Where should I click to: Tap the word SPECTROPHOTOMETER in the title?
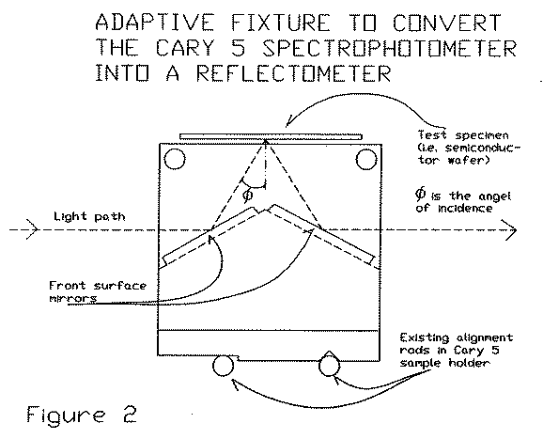pyautogui.click(x=389, y=48)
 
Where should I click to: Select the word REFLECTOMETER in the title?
pyautogui.click(x=294, y=73)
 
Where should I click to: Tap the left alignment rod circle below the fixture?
pyautogui.click(x=223, y=366)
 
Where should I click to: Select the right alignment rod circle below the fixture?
pyautogui.click(x=329, y=366)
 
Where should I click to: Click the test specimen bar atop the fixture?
pyautogui.click(x=271, y=136)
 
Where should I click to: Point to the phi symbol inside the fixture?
pyautogui.click(x=248, y=196)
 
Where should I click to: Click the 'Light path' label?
pyautogui.click(x=89, y=217)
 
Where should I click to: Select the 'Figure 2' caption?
pyautogui.click(x=82, y=414)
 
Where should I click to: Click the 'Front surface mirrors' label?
pyautogui.click(x=98, y=291)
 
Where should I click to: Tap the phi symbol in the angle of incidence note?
pyautogui.click(x=420, y=194)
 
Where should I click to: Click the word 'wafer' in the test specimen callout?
pyautogui.click(x=468, y=160)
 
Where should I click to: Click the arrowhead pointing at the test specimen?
pyautogui.click(x=288, y=123)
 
